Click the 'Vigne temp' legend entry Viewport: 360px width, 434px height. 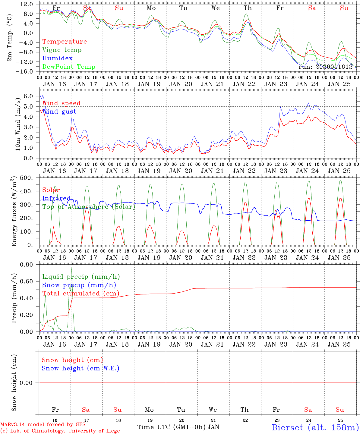[x=62, y=50]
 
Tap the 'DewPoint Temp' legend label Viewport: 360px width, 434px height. [x=69, y=67]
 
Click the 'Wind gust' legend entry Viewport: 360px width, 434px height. [x=59, y=112]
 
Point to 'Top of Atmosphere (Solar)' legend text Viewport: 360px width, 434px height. [x=89, y=207]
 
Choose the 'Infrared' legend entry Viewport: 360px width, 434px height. [x=56, y=198]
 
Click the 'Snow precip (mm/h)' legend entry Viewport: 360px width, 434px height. [x=79, y=285]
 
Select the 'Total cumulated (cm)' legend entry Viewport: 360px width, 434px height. [x=81, y=294]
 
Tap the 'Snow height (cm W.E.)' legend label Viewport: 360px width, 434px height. [x=81, y=368]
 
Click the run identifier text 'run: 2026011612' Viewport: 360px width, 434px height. [x=326, y=67]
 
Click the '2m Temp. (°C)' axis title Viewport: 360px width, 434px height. [x=10, y=38]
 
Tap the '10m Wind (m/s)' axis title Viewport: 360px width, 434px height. [x=18, y=124]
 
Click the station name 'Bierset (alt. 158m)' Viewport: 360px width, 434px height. [x=315, y=427]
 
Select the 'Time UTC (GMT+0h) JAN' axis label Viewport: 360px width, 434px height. [x=178, y=427]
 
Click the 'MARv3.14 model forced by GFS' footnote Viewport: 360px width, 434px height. [x=43, y=425]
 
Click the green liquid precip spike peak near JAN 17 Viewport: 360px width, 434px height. [x=71, y=267]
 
